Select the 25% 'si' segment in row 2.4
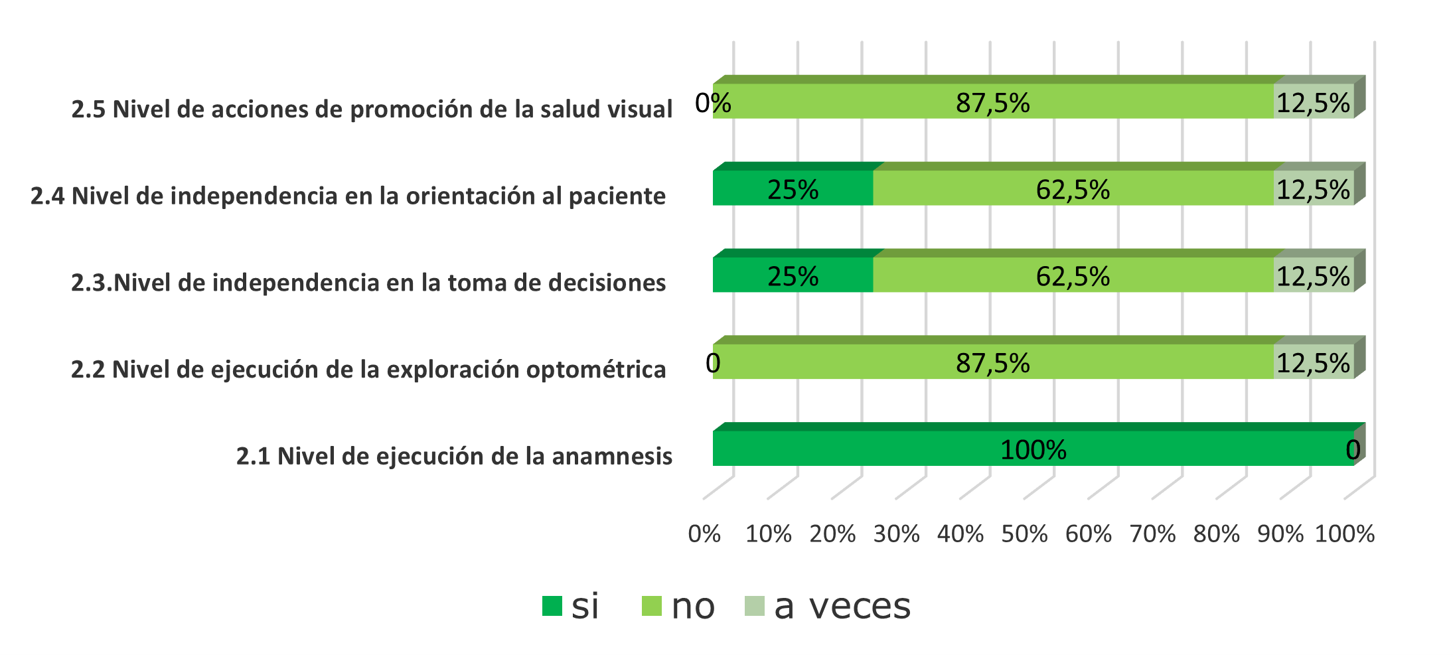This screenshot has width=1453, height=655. click(793, 188)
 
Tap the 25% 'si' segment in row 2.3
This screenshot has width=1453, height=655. click(793, 275)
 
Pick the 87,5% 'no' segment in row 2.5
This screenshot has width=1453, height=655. click(993, 102)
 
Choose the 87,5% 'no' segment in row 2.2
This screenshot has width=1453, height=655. click(993, 362)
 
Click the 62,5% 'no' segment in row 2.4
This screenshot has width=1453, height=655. click(1073, 188)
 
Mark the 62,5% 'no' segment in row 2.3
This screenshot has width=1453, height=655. click(1073, 275)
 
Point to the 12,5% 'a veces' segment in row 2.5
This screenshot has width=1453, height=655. click(1313, 102)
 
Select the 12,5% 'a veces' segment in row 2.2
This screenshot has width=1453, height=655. click(1313, 362)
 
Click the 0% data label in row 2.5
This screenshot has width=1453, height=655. click(713, 103)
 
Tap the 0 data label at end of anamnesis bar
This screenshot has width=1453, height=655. click(1353, 451)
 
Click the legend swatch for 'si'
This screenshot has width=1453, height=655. click(552, 606)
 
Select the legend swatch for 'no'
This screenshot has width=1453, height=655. click(652, 606)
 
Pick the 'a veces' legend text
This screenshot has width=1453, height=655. click(842, 606)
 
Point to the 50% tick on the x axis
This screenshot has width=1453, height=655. click(1024, 534)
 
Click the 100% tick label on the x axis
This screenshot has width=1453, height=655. click(1345, 534)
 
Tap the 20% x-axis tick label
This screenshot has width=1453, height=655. click(832, 534)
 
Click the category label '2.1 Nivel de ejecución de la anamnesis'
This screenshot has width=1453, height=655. click(454, 457)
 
